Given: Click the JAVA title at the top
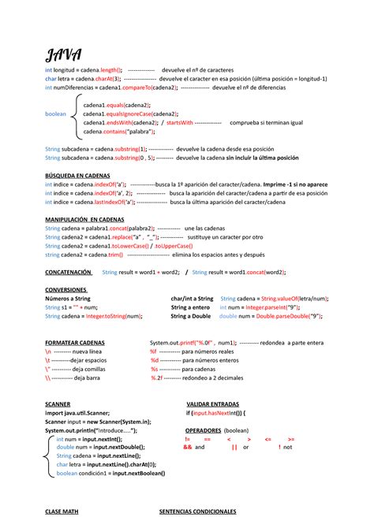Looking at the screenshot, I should click(x=64, y=54).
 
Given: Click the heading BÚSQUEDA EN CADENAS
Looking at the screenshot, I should click(x=77, y=175).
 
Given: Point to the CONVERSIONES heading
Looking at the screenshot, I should click(x=66, y=290).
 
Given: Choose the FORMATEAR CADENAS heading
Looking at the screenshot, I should click(x=75, y=343).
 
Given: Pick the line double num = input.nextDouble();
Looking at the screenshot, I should click(x=105, y=447).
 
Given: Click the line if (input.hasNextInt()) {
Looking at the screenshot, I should click(x=216, y=412).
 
